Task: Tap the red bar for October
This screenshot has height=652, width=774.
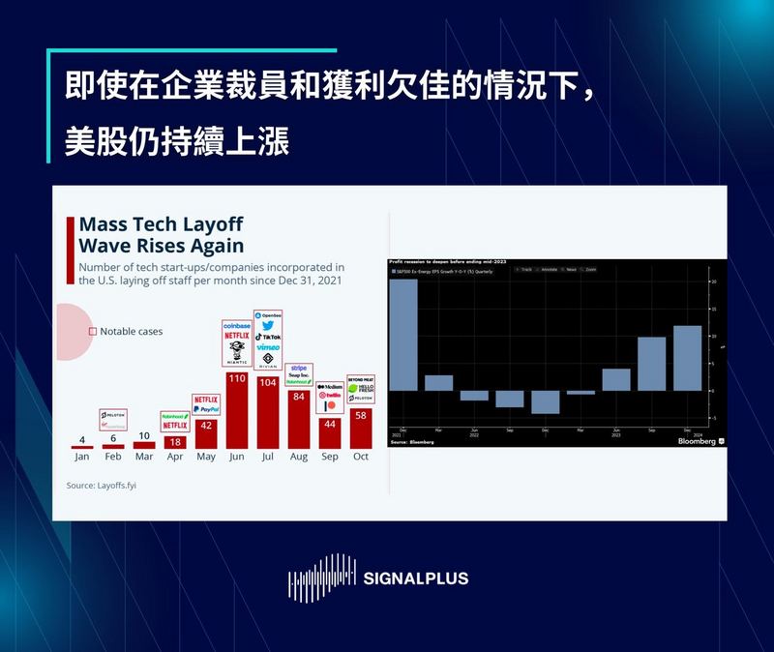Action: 361,428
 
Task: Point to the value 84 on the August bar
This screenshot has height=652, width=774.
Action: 299,397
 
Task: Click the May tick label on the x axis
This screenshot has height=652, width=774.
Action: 206,457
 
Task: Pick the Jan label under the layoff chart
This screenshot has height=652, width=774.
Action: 82,457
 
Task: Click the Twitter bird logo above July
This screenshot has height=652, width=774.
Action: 268,326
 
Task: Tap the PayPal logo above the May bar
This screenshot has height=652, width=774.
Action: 206,410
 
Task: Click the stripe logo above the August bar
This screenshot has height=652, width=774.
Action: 299,368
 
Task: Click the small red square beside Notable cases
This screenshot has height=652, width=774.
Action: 92,331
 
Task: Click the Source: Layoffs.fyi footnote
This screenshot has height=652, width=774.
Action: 102,486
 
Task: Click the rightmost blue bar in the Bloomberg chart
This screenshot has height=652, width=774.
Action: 687,358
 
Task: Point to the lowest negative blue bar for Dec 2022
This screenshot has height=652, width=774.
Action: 546,401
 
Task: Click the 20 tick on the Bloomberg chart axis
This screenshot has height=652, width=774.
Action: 713,282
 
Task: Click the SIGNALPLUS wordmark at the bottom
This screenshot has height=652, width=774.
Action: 415,578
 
